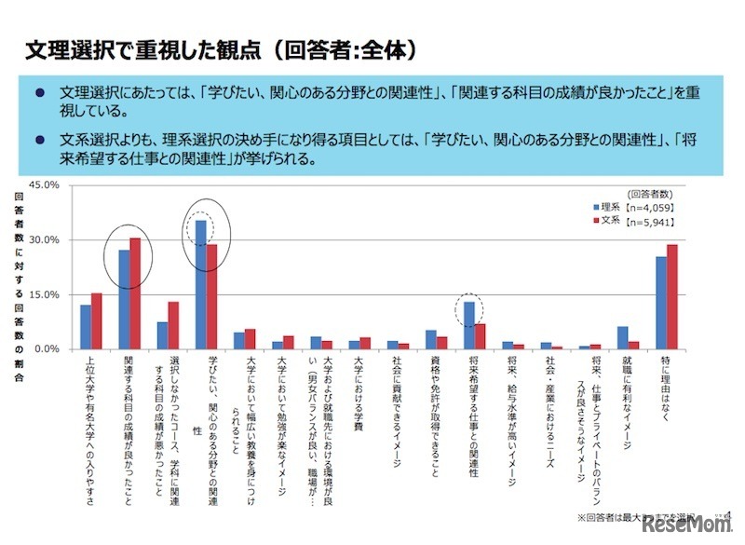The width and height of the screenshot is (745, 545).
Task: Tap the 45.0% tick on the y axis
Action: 46,185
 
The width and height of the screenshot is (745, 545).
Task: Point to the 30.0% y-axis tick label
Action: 46,239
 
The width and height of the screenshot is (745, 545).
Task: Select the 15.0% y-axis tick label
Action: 46,294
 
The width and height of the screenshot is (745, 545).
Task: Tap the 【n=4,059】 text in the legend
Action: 649,207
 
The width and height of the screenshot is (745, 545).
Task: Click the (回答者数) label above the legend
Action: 649,191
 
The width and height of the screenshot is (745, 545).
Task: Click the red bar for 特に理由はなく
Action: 672,296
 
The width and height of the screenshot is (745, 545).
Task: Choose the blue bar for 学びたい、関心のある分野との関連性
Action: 200,284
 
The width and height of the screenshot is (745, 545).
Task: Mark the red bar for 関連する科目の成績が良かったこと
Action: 135,293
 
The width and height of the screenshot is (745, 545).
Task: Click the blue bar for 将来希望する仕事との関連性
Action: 469,325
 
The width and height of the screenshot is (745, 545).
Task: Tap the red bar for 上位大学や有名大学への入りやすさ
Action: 96,320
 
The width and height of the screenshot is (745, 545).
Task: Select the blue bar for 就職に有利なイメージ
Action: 623,337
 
